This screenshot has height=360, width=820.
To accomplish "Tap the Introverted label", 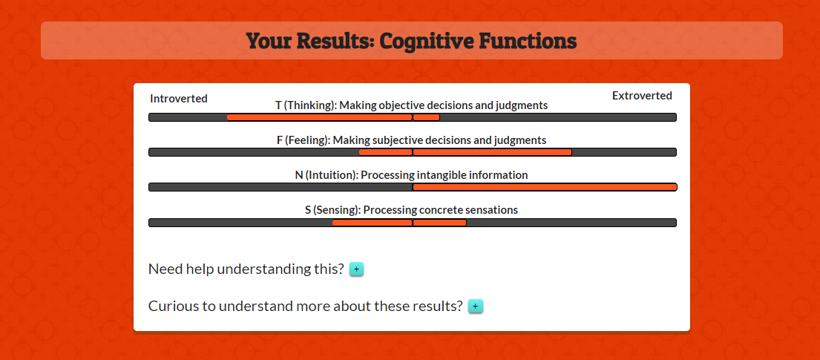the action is click(179, 99).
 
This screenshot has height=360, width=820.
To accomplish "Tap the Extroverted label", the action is click(642, 96).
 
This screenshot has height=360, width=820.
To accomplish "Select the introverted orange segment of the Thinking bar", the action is click(320, 117).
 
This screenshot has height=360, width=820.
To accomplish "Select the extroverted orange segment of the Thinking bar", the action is click(426, 117).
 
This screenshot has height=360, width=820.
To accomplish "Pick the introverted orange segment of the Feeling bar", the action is click(385, 152).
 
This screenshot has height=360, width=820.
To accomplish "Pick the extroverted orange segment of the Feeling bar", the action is click(492, 152).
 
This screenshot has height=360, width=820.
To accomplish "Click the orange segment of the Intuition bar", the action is click(545, 187).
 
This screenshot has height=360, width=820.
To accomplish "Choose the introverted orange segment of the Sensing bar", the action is click(373, 223).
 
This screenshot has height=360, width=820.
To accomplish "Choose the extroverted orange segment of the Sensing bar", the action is click(439, 223).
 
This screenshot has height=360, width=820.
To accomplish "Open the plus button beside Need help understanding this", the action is click(357, 269).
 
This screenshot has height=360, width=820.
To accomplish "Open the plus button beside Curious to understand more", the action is click(476, 306).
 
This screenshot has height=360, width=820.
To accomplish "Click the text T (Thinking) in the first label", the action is click(306, 105).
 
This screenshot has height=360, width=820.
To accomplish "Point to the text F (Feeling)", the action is click(304, 140).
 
